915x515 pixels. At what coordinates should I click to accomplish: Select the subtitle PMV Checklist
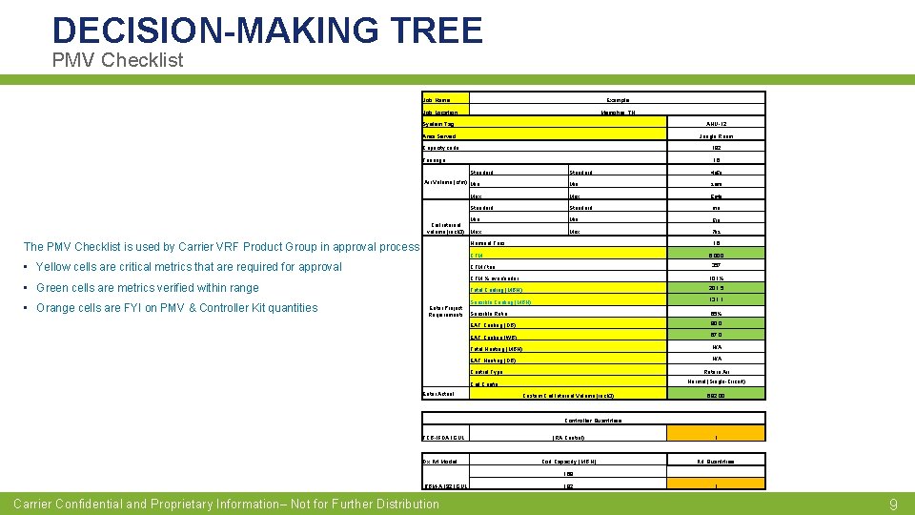click(x=117, y=60)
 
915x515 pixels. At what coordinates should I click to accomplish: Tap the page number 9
click(x=893, y=505)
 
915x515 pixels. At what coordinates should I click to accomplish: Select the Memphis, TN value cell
click(x=618, y=113)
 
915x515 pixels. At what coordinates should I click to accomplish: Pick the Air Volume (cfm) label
click(x=444, y=183)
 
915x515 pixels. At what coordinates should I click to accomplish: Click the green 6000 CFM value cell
click(x=717, y=255)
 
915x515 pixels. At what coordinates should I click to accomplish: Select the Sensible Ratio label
click(x=488, y=313)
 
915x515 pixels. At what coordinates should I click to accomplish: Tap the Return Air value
click(x=717, y=371)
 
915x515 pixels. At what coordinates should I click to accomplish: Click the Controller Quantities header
click(x=593, y=420)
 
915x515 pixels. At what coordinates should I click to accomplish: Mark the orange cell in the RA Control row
click(x=717, y=438)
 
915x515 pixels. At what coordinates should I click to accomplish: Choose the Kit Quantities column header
click(x=717, y=461)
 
